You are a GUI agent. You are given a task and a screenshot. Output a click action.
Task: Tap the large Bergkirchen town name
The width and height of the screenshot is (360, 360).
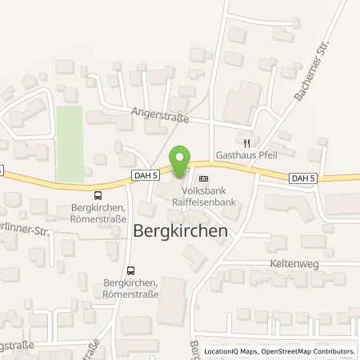[180, 230]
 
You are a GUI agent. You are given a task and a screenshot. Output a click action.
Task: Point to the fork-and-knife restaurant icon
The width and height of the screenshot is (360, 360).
[248, 146]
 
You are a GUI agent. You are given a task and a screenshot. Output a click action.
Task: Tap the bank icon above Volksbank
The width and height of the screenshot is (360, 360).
[202, 178]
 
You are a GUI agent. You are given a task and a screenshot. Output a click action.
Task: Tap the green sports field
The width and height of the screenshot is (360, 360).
[70, 144]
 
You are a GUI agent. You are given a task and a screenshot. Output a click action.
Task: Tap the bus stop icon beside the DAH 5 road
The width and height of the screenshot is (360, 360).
[98, 194]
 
